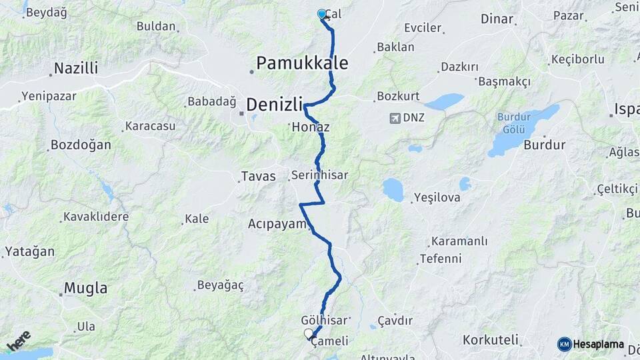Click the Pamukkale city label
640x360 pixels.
coord(302,63)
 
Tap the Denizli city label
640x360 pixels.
coord(275,104)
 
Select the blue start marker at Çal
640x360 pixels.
coord(322,14)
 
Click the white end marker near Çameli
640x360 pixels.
coord(308,333)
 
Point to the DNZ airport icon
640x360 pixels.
coord(395,118)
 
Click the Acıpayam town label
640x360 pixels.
coord(277,224)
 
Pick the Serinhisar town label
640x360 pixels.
coord(319,175)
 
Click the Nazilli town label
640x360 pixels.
coord(76,68)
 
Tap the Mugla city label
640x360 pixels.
coord(85,288)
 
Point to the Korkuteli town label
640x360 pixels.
coord(490,339)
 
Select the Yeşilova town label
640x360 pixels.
coord(437,197)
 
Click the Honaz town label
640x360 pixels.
coord(310,127)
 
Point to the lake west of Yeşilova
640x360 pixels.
coord(393,190)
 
